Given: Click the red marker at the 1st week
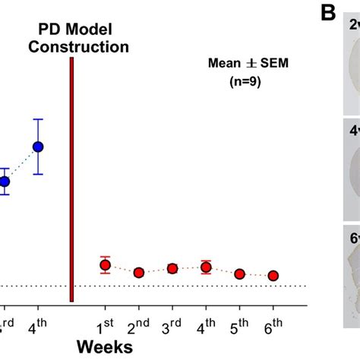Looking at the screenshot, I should coord(105,265).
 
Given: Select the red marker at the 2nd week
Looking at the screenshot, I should coord(138,272).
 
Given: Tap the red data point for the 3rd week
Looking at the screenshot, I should coord(172,268).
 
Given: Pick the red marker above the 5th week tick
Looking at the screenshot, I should coord(239,273).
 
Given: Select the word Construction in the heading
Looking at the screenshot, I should coord(84,46).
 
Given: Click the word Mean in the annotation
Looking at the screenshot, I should coord(225,65).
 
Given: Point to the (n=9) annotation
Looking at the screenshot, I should coord(245,81).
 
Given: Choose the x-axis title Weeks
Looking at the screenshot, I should coord(106,346).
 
